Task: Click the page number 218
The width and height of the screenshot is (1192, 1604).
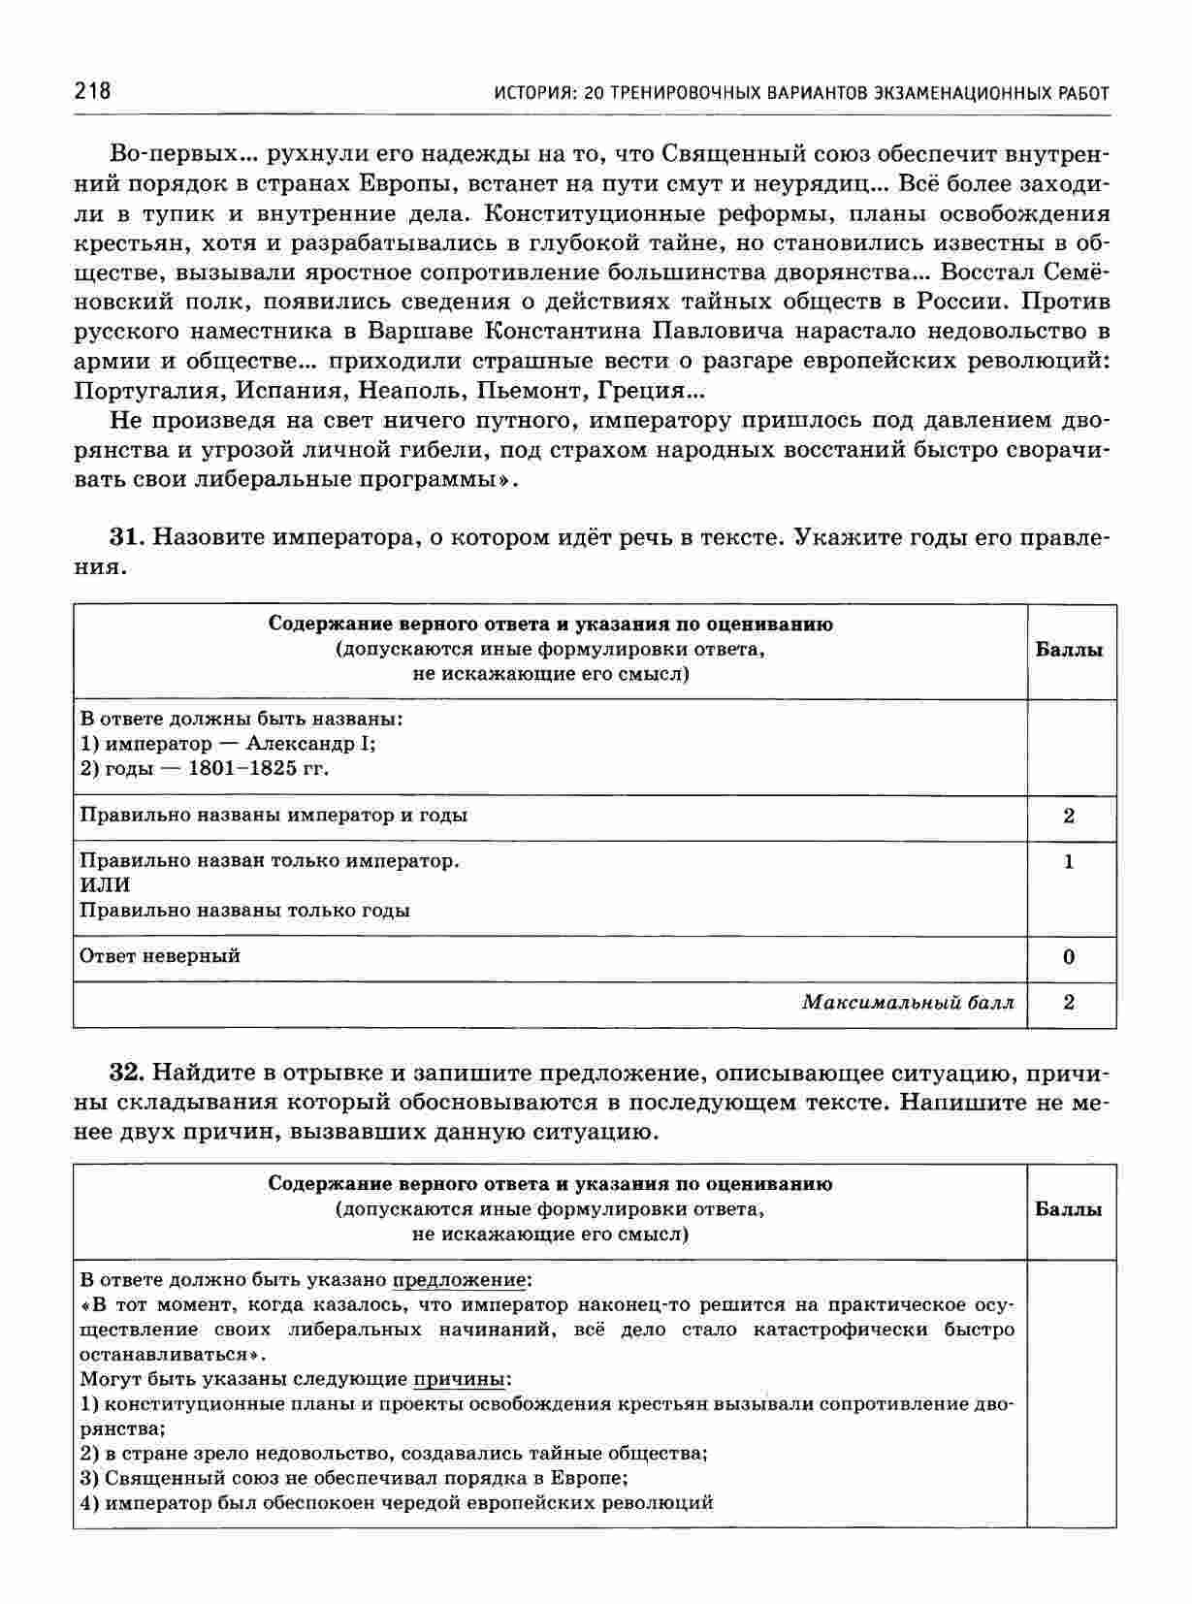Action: pyautogui.click(x=92, y=92)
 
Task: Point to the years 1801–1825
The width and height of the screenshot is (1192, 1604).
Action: pyautogui.click(x=243, y=769)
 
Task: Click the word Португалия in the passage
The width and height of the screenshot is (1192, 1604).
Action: pyautogui.click(x=139, y=391)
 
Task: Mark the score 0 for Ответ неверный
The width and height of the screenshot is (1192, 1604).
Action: pyautogui.click(x=1069, y=957)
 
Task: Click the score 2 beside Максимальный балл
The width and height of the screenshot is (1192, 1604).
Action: pyautogui.click(x=1069, y=1003)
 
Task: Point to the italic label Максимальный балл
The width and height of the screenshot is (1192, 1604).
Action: pyautogui.click(x=908, y=1003)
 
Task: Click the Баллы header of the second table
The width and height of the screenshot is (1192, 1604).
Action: pyautogui.click(x=1069, y=1209)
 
